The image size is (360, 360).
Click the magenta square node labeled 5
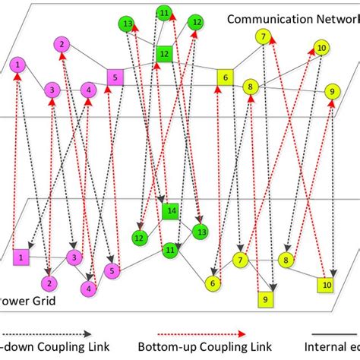tap(114, 76)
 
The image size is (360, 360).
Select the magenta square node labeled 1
tap(21, 257)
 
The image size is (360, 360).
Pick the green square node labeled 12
tap(163, 54)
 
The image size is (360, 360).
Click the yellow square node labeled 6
tap(225, 77)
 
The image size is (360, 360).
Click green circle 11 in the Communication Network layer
tap(163, 12)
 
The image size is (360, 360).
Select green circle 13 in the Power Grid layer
tap(201, 231)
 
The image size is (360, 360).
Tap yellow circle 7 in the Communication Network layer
tap(263, 36)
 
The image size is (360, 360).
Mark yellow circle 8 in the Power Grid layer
tap(286, 261)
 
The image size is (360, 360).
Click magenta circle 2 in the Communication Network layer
tap(62, 46)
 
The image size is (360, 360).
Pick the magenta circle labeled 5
tap(112, 270)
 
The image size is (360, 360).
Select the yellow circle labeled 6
tap(213, 283)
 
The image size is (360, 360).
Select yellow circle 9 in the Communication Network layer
tap(331, 91)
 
